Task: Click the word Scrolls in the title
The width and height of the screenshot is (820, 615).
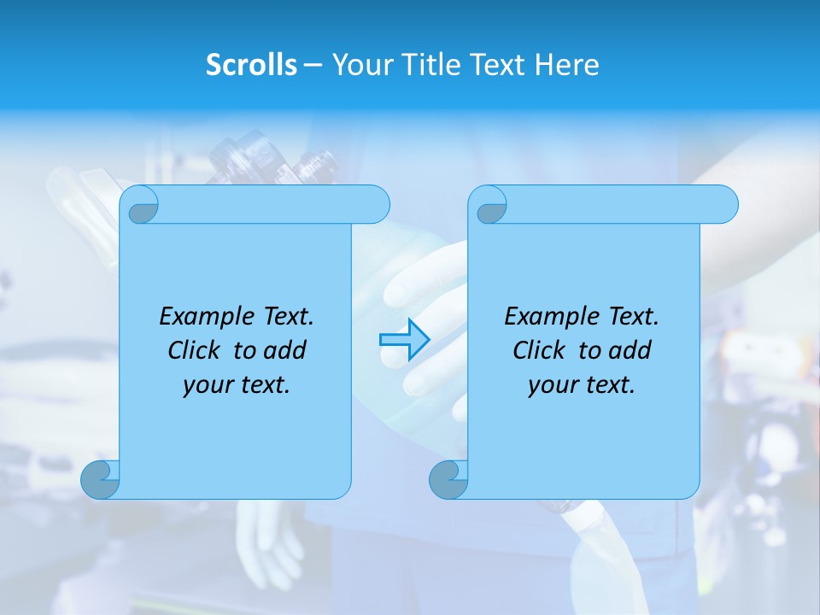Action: click(x=251, y=65)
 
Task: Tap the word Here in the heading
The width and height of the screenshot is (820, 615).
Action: click(x=566, y=65)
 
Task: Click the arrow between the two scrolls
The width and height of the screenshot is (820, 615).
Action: click(x=404, y=339)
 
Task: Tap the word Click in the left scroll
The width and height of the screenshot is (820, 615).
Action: click(x=196, y=350)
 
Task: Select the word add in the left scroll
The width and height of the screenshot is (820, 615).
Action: click(x=284, y=350)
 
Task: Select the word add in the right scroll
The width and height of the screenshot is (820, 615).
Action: click(x=630, y=350)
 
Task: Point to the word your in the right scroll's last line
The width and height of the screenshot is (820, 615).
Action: click(x=553, y=385)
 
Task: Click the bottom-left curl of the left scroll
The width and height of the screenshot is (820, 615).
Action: click(x=101, y=479)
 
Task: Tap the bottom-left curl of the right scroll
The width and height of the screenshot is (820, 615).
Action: click(x=448, y=479)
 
